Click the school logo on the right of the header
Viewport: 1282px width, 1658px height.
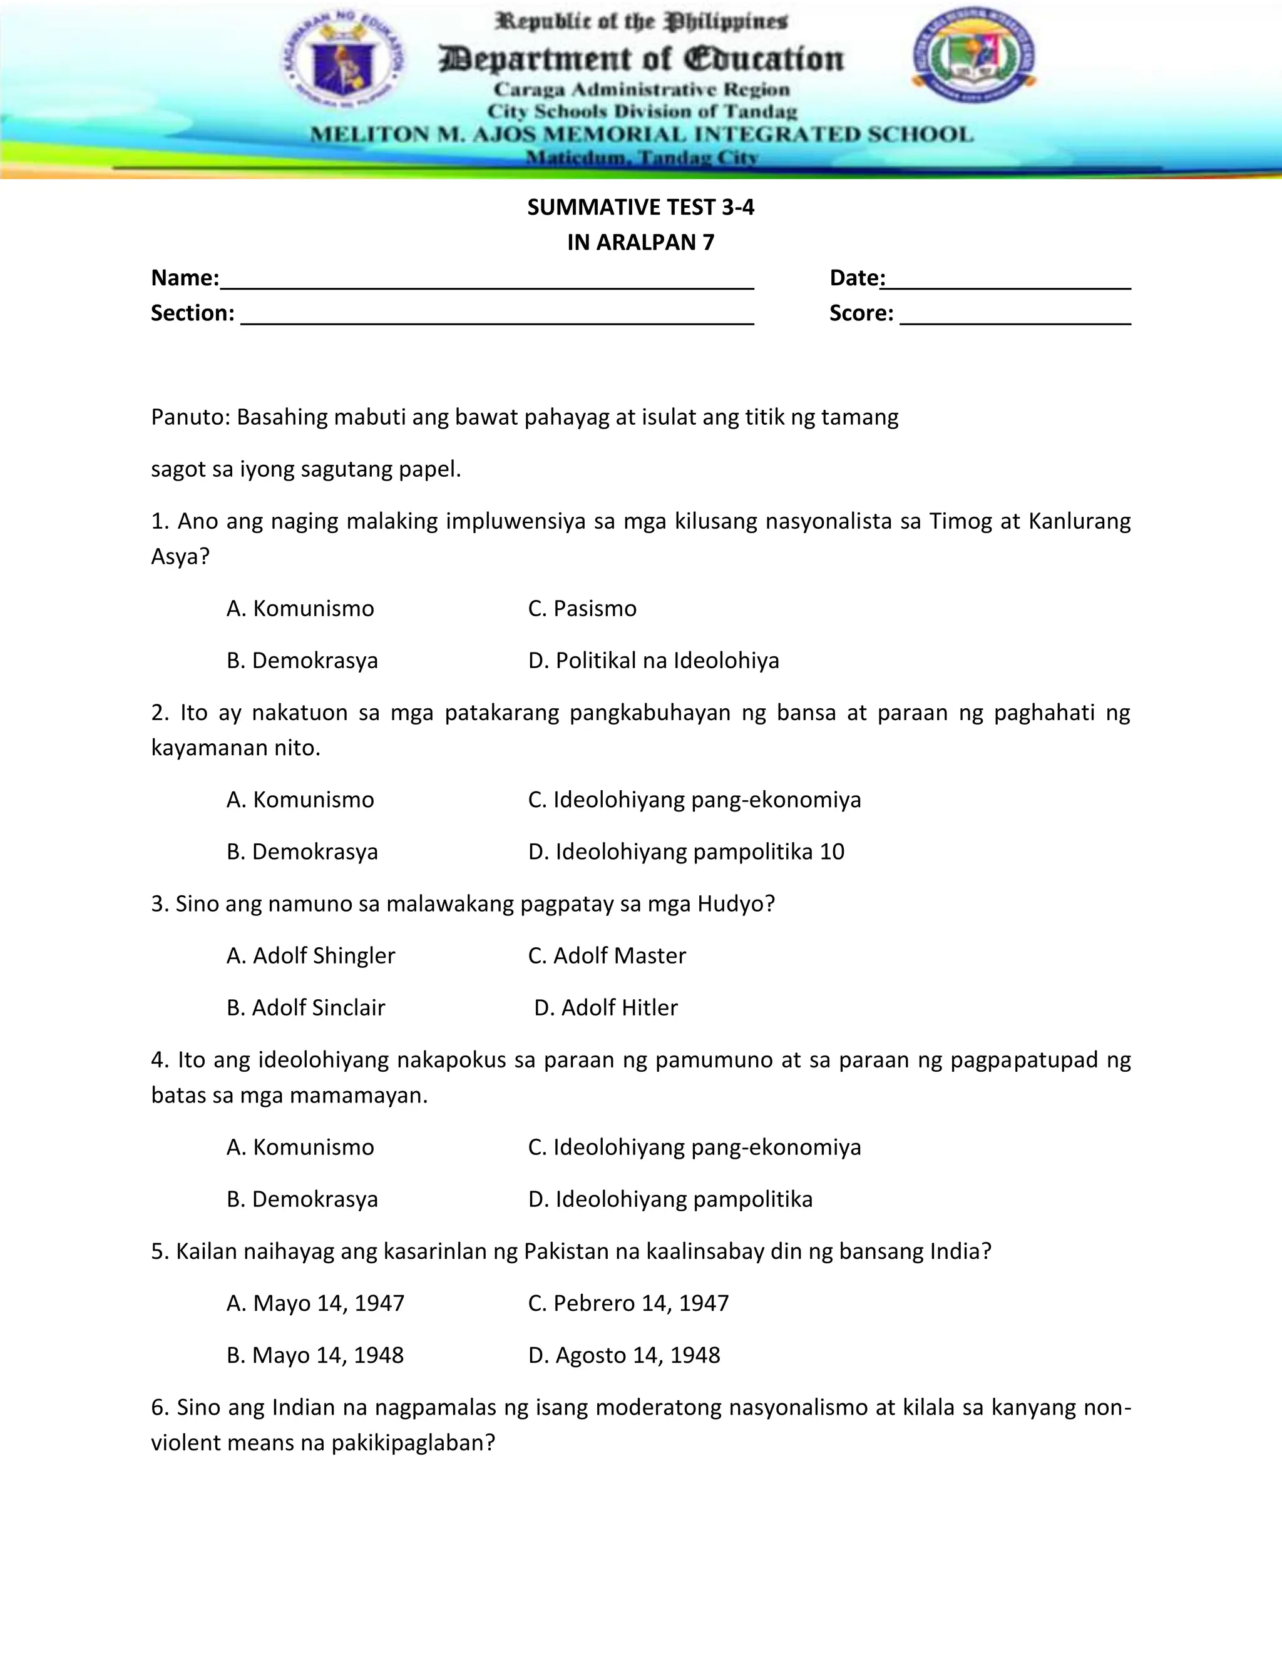pos(973,54)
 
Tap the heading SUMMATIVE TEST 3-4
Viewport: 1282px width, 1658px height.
pos(640,207)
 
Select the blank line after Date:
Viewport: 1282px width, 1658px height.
pos(1007,281)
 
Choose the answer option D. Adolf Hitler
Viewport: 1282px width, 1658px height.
pos(605,1007)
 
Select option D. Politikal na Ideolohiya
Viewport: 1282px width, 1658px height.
pos(653,661)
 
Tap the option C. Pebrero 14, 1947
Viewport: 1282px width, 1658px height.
pos(628,1303)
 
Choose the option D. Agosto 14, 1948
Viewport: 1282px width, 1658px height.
pos(623,1355)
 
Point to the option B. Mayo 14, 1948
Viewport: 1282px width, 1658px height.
pos(315,1355)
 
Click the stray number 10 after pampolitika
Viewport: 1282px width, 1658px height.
pos(832,851)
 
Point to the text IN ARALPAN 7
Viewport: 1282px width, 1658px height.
pos(640,242)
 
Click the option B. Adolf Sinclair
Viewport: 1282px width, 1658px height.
pos(306,1007)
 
